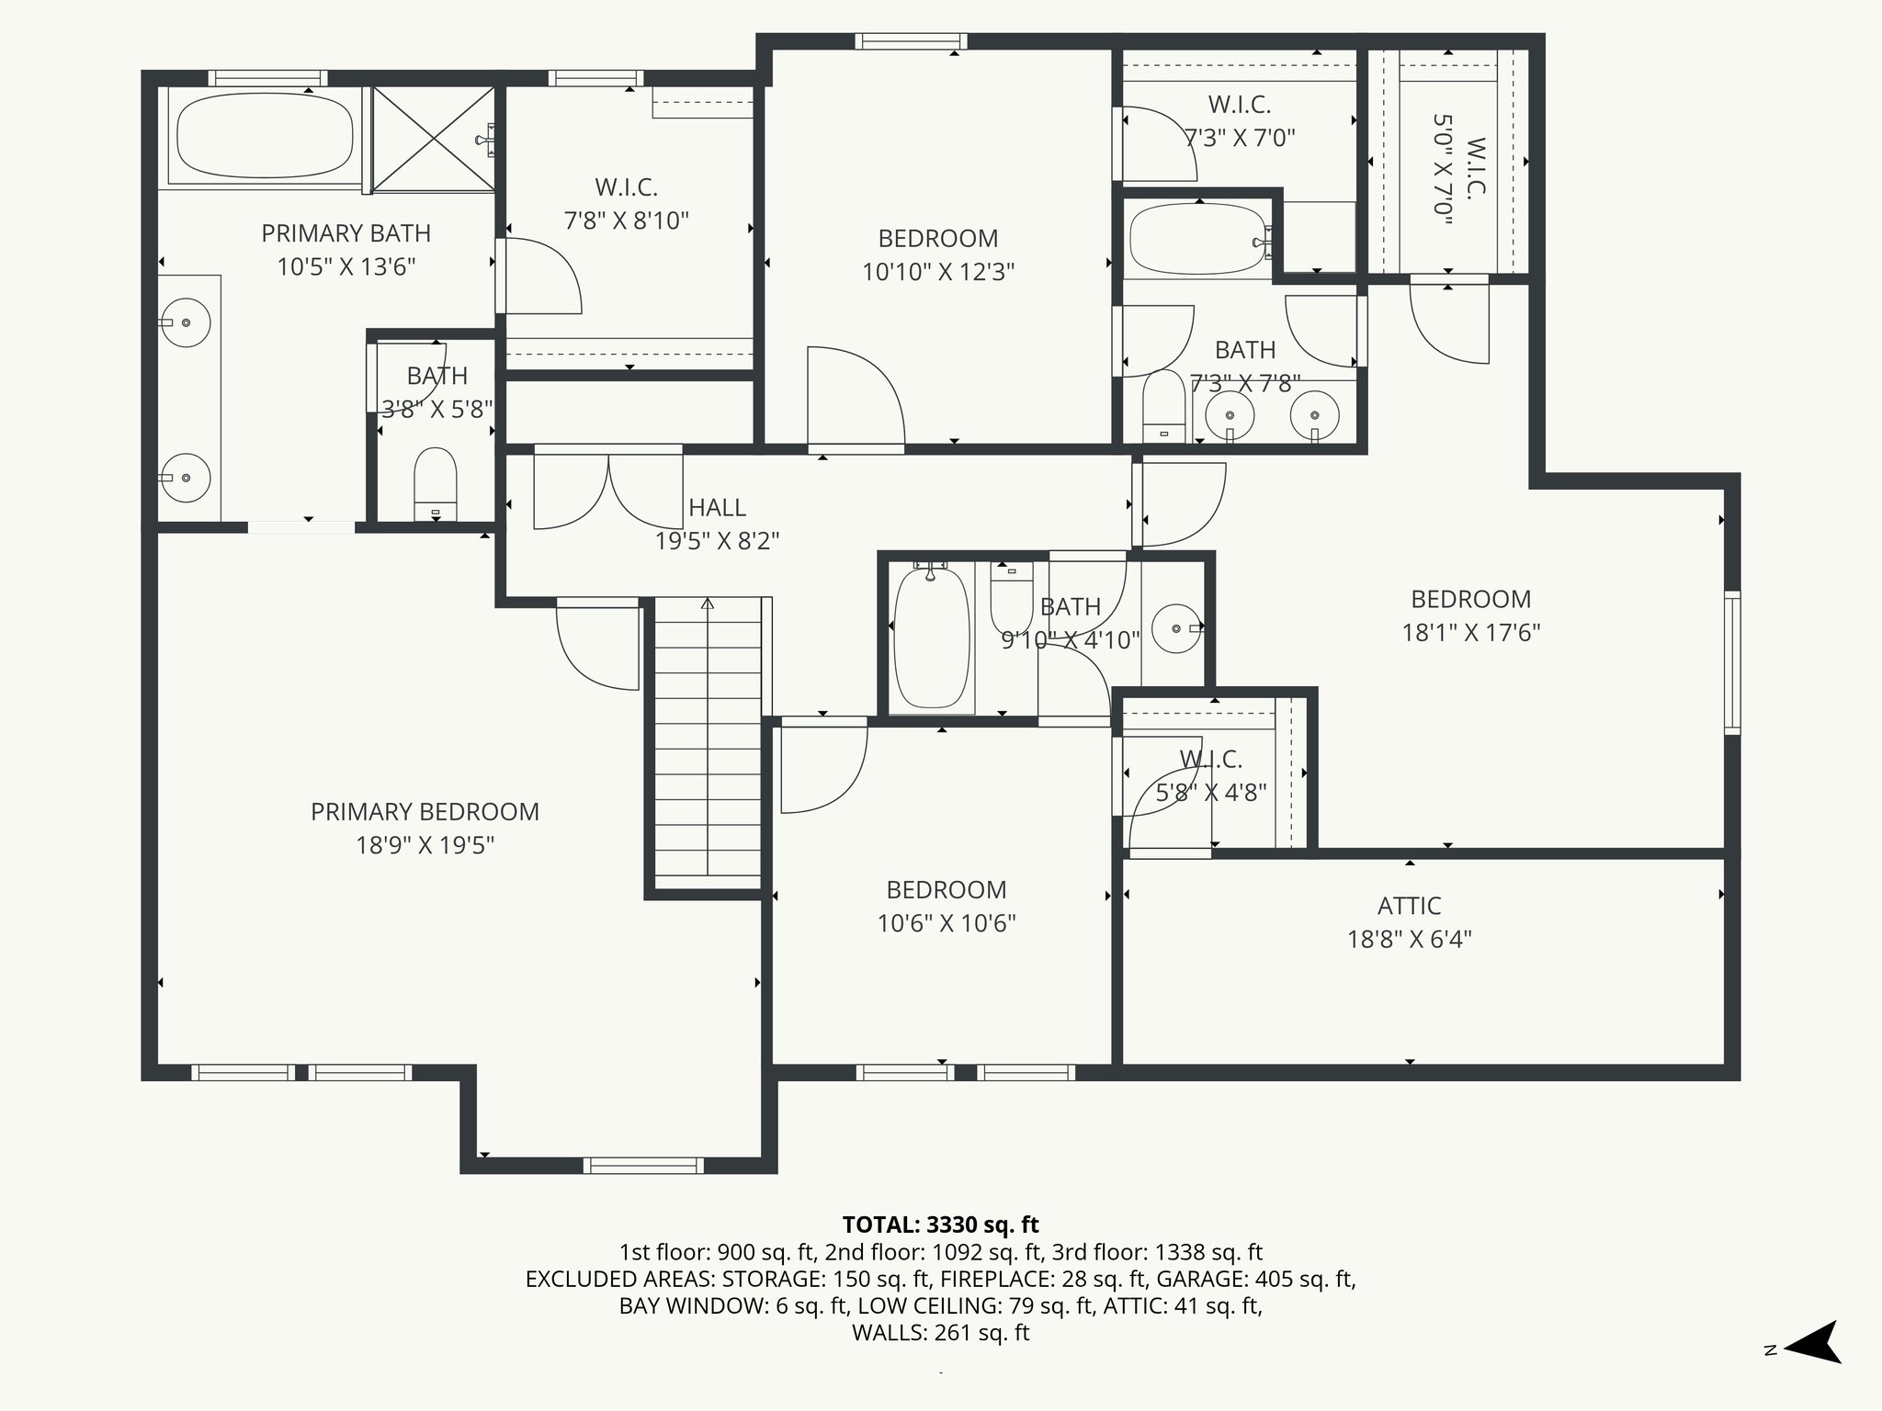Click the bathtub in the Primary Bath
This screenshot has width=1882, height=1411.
(x=265, y=138)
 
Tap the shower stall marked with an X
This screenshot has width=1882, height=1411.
(x=433, y=140)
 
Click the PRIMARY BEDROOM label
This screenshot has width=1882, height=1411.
(x=425, y=812)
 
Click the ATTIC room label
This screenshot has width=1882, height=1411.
(x=1409, y=906)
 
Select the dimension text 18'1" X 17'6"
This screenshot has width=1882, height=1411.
(x=1470, y=633)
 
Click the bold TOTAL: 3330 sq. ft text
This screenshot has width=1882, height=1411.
(x=940, y=1225)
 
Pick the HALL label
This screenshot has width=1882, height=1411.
(x=717, y=507)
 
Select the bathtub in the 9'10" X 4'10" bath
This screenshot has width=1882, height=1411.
(x=931, y=638)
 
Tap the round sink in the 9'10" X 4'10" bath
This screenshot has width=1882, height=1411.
(x=1177, y=628)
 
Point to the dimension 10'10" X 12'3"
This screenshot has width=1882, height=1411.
(x=937, y=272)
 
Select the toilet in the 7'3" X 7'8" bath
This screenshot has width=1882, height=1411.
(x=1163, y=407)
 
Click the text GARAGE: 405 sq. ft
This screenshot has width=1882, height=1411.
(x=1255, y=1279)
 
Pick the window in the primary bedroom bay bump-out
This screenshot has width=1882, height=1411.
(x=643, y=1165)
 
